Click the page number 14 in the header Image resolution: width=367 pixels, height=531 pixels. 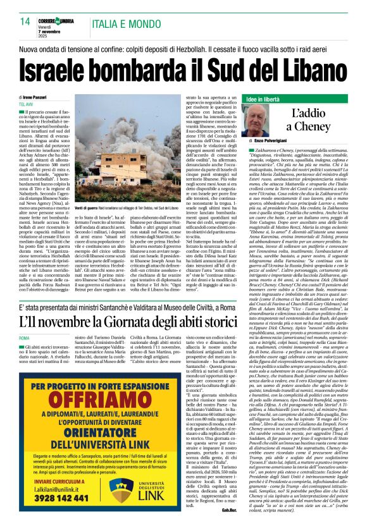pyautogui.click(x=25, y=21)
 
